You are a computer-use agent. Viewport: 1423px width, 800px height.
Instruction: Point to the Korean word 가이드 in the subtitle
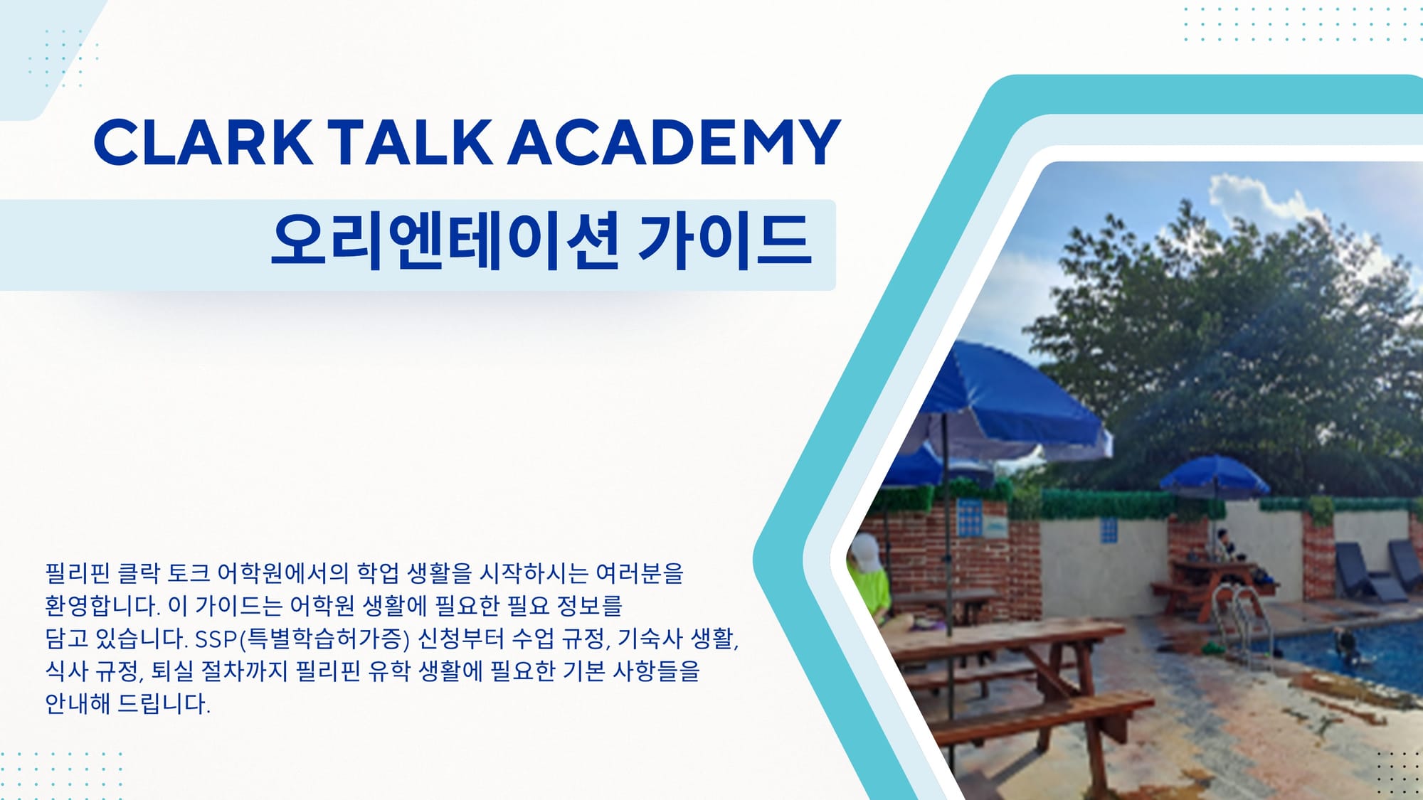[724, 242]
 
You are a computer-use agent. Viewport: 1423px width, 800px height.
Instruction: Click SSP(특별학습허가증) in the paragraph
[302, 639]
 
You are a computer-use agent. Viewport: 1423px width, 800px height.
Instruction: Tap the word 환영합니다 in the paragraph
[102, 606]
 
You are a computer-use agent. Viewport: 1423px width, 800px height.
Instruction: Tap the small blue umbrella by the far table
[1215, 476]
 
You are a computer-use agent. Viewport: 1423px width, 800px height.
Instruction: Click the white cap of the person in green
[866, 553]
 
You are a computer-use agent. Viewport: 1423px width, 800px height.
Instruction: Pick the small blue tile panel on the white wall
[1109, 530]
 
